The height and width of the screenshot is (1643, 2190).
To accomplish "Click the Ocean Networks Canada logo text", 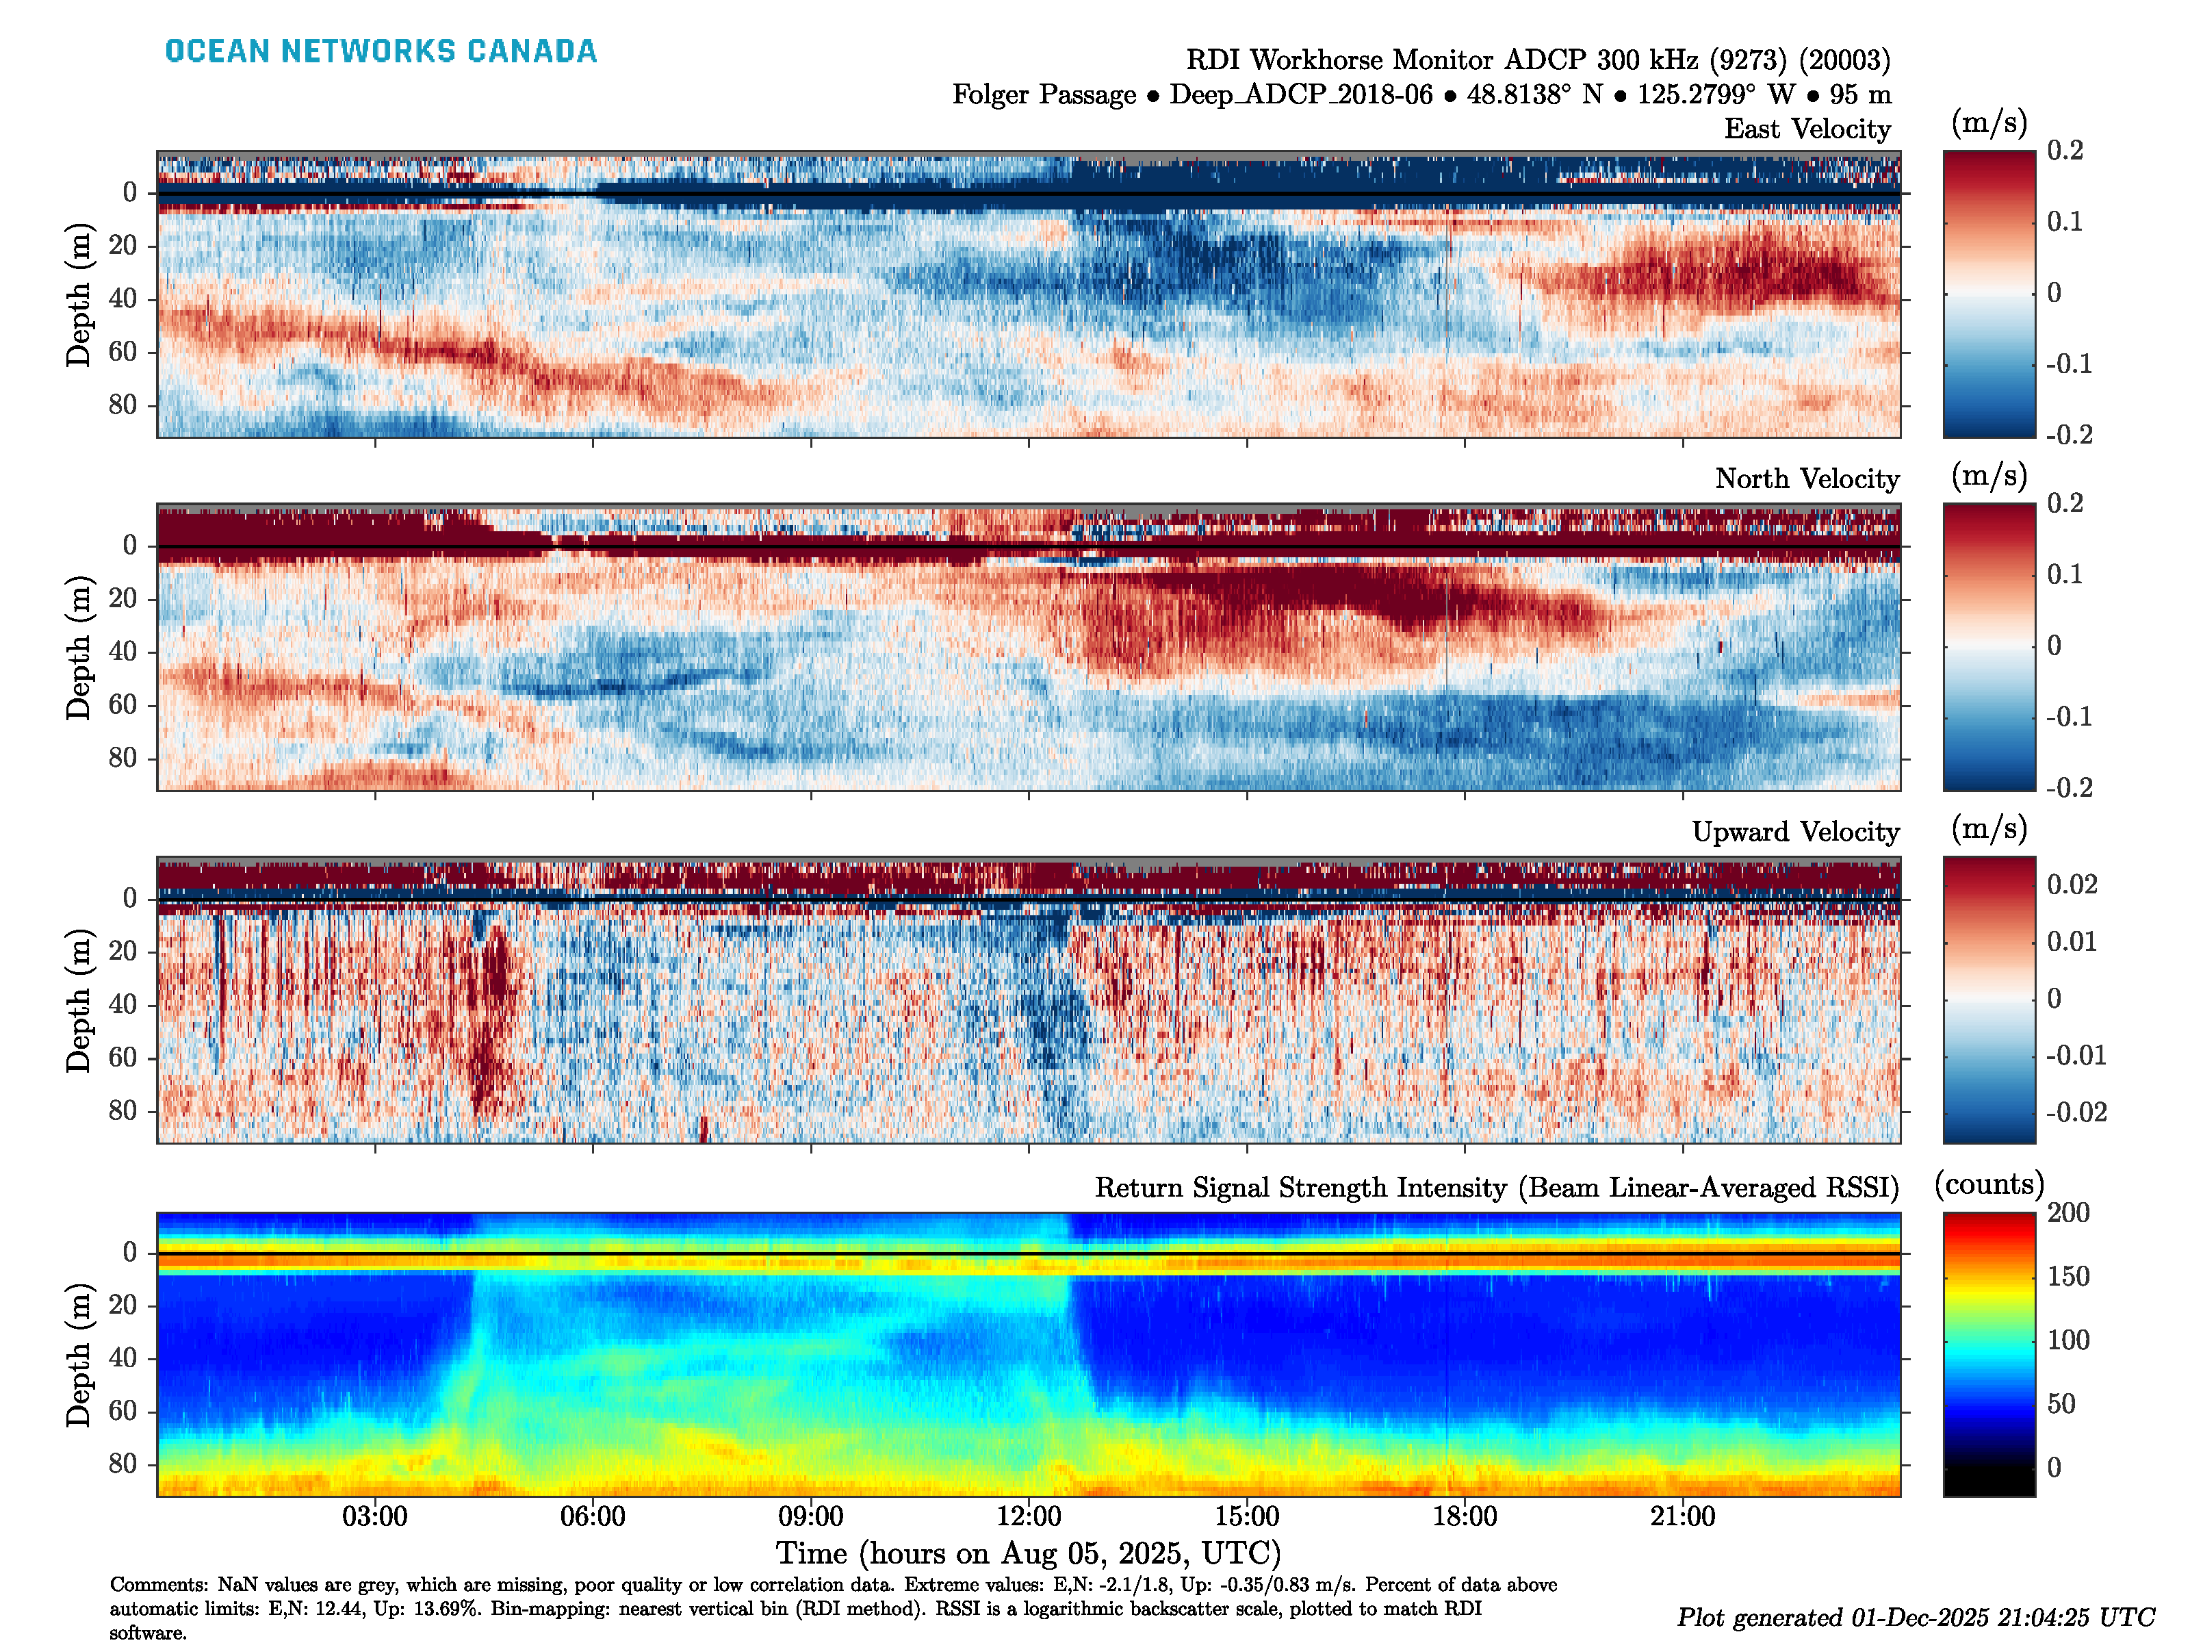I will coord(381,51).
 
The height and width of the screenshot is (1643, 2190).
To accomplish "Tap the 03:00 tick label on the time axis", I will coord(374,1516).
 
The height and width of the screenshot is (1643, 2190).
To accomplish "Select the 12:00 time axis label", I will coord(1029,1516).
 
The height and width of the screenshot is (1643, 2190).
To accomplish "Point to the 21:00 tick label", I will coord(1682,1516).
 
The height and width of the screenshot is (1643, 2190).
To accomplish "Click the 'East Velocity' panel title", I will coord(1807,129).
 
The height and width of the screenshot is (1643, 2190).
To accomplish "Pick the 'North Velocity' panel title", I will coord(1807,479).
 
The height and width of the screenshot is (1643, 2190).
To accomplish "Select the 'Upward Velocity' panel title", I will coord(1795,832).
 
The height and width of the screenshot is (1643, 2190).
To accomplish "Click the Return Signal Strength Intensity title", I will coord(1496,1188).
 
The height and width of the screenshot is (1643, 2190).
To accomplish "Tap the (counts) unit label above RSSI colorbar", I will coord(1989,1184).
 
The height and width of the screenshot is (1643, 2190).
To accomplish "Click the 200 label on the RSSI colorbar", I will coord(2068,1213).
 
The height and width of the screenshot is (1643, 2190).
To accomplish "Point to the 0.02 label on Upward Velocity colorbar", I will coord(2072,884).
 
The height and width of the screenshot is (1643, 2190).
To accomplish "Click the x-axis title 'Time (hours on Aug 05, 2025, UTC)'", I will coord(1028,1553).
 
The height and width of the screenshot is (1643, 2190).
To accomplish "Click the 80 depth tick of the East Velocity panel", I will coord(123,405).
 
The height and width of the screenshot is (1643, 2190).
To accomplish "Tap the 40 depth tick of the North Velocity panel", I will coord(123,652).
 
